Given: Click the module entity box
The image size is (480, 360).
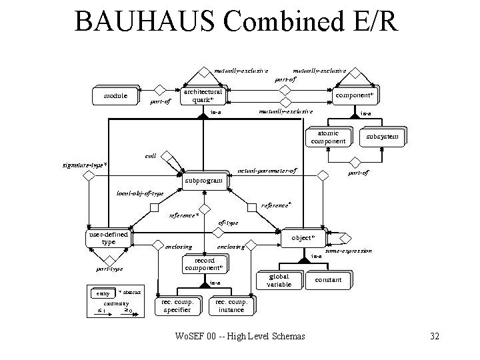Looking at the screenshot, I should (115, 96).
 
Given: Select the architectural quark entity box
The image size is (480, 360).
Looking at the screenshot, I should (203, 96).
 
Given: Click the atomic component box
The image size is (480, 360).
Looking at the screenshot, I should (327, 137).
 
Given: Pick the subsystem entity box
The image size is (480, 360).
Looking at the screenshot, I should (382, 137).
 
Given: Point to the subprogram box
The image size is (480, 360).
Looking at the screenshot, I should (203, 180).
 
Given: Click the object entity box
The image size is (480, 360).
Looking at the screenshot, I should (307, 237).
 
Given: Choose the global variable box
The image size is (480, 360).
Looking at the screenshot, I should (279, 281).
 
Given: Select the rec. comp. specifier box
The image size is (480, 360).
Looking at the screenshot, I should (177, 306).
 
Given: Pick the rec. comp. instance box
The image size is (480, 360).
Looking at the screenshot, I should (231, 306).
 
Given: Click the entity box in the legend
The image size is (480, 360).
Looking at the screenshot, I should (102, 293).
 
